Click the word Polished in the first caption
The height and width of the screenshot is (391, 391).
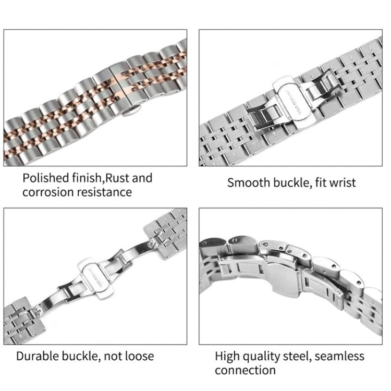click(43, 178)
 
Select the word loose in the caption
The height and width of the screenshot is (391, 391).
click(137, 356)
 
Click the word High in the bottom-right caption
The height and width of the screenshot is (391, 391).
click(227, 357)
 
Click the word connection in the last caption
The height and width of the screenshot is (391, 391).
click(245, 370)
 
